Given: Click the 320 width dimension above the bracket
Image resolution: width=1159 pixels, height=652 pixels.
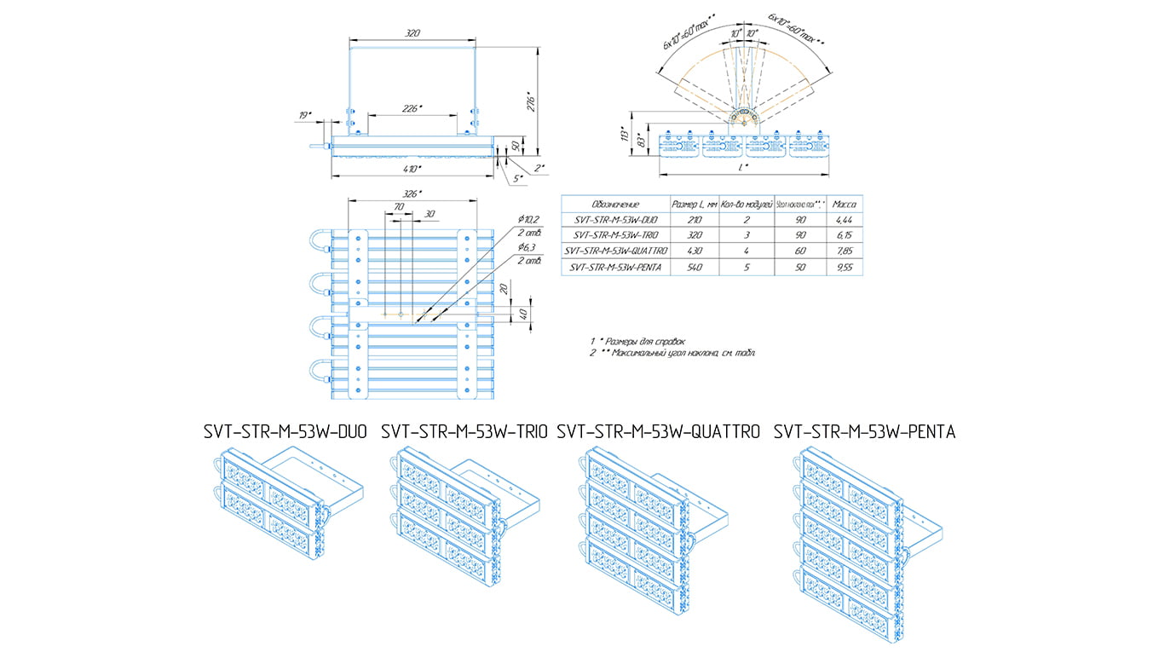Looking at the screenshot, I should [412, 33].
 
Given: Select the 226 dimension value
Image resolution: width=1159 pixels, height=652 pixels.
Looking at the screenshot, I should [412, 108].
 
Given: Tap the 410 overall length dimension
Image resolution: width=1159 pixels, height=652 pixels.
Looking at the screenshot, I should [412, 170].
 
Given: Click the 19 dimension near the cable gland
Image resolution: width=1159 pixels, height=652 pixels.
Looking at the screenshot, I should [305, 114].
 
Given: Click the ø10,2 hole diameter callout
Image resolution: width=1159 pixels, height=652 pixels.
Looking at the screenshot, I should [529, 220].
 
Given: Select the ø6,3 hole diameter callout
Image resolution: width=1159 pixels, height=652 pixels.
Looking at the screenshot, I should [528, 246].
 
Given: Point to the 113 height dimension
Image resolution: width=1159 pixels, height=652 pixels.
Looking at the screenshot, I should [624, 136].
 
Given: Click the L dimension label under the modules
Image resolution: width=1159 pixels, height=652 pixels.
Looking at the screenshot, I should [747, 168].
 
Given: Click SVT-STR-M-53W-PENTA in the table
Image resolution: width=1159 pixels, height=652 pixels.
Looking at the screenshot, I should [615, 267].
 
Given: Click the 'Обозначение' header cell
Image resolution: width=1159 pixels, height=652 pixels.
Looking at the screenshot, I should [615, 205].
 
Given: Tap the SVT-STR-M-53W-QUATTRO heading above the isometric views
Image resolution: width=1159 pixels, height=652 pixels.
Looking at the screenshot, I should [657, 432].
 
